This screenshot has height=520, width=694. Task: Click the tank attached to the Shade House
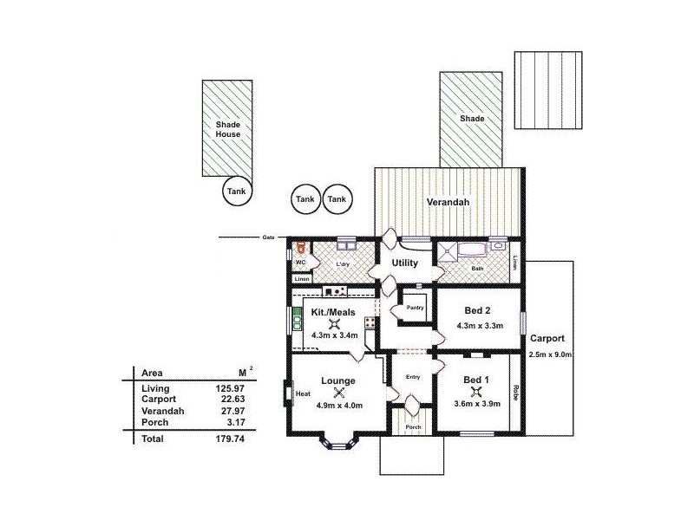pos(236,192)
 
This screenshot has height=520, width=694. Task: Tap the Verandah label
pos(448,202)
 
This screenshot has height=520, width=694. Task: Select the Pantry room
pos(414,307)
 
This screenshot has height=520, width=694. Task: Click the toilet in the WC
pos(300,249)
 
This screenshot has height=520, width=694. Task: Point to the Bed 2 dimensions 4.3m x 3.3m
pos(479,327)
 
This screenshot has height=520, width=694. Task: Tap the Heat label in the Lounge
pos(303,393)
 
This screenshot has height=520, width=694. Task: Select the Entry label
pos(413,376)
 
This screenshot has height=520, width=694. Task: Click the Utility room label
pos(404,263)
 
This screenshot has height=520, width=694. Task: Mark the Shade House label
pos(227,129)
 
